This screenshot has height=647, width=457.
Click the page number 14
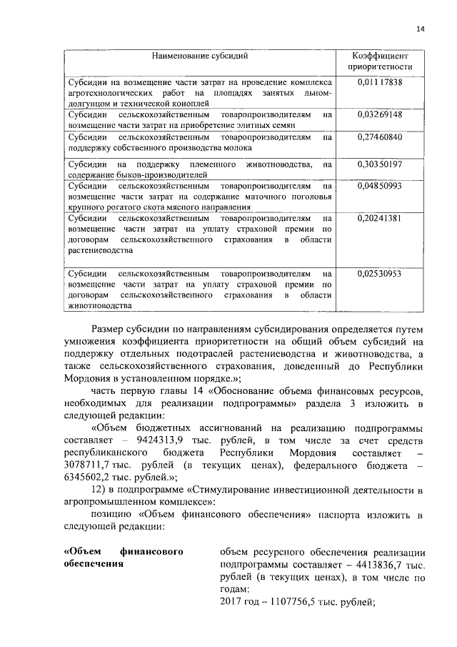420,29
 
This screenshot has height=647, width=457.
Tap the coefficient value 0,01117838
379,82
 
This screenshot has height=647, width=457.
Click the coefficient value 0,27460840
379,137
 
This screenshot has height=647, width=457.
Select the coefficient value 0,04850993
379,186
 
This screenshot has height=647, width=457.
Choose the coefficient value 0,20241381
379,218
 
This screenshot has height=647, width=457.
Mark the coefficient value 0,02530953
379,274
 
